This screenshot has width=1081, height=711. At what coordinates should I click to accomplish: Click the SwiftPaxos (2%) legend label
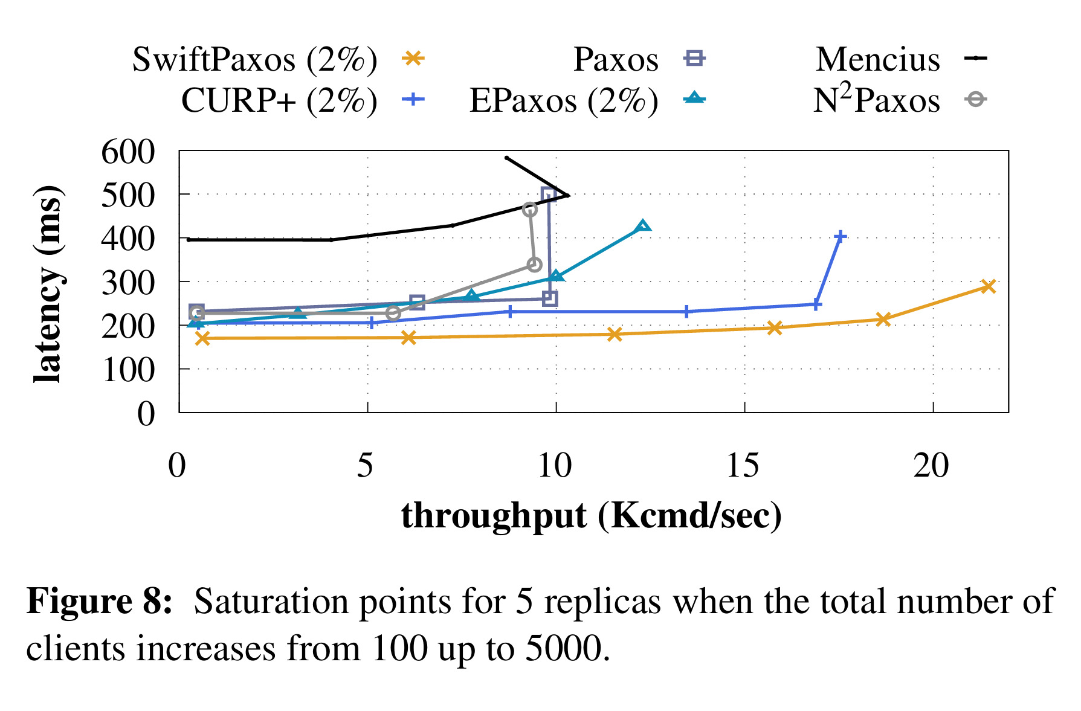click(x=254, y=59)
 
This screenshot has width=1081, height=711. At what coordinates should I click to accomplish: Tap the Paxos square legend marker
click(x=694, y=59)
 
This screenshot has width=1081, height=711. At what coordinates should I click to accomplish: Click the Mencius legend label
click(x=877, y=59)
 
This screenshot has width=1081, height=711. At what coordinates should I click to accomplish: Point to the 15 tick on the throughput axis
click(x=743, y=465)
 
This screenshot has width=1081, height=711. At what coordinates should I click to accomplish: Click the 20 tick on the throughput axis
click(x=931, y=465)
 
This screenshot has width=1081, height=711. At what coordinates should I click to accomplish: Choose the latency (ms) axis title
click(x=48, y=284)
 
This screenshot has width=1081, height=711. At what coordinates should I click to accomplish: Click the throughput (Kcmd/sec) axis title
click(x=591, y=516)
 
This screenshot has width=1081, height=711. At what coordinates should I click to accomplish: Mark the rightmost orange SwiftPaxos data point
click(x=987, y=286)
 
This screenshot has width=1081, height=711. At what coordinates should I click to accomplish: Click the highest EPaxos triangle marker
click(x=643, y=227)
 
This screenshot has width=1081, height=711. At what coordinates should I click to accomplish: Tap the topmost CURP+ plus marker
click(x=839, y=237)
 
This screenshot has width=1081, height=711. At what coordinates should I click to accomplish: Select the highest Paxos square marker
click(x=549, y=195)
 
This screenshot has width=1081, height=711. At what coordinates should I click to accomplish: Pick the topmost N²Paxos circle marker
click(x=530, y=210)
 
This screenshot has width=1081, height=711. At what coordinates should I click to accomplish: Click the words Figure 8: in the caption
click(x=100, y=601)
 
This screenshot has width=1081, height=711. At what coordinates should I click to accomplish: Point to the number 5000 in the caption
click(x=565, y=648)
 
